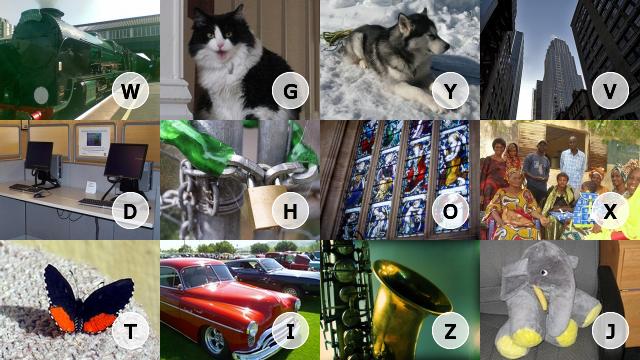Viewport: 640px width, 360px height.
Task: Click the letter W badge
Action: click(x=130, y=91)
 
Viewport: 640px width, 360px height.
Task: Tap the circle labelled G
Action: click(x=290, y=91)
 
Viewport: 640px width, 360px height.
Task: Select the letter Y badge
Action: click(x=450, y=91)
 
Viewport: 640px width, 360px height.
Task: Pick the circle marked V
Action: click(x=610, y=91)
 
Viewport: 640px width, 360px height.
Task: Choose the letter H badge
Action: click(x=290, y=211)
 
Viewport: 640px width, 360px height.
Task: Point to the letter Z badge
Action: click(x=450, y=331)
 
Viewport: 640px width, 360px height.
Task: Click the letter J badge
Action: click(x=610, y=331)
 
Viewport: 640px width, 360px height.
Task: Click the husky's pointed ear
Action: click(x=405, y=23)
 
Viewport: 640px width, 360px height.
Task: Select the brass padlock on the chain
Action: click(x=263, y=208)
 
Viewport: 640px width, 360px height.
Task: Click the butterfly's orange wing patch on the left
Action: click(x=62, y=318)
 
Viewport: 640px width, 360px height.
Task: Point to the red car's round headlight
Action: click(x=252, y=329)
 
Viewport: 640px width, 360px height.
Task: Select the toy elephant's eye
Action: click(x=543, y=272)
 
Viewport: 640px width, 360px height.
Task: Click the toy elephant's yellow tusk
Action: click(x=540, y=296)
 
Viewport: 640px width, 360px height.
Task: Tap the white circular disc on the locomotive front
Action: click(x=41, y=96)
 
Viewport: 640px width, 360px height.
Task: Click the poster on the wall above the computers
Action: click(x=94, y=141)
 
